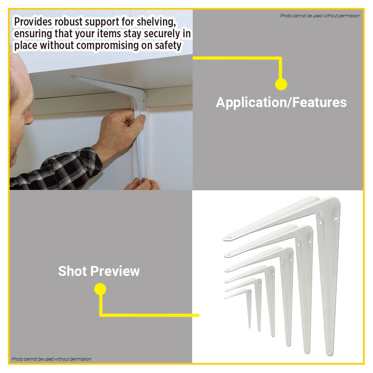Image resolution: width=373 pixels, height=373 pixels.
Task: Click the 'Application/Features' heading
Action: pos(281,102)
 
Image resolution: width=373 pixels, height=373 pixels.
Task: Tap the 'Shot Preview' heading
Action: pos(99,271)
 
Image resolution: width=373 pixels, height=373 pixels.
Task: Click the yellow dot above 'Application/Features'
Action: pos(281,84)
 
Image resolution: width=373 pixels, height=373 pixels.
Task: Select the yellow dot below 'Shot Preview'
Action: pos(100,289)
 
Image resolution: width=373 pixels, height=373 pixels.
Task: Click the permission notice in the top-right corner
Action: pos(320,15)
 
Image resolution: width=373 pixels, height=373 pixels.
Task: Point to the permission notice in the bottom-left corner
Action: pos(51,359)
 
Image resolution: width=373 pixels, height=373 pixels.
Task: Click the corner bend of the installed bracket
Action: pos(140,95)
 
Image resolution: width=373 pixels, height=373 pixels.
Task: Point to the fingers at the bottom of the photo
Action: pos(142,184)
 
